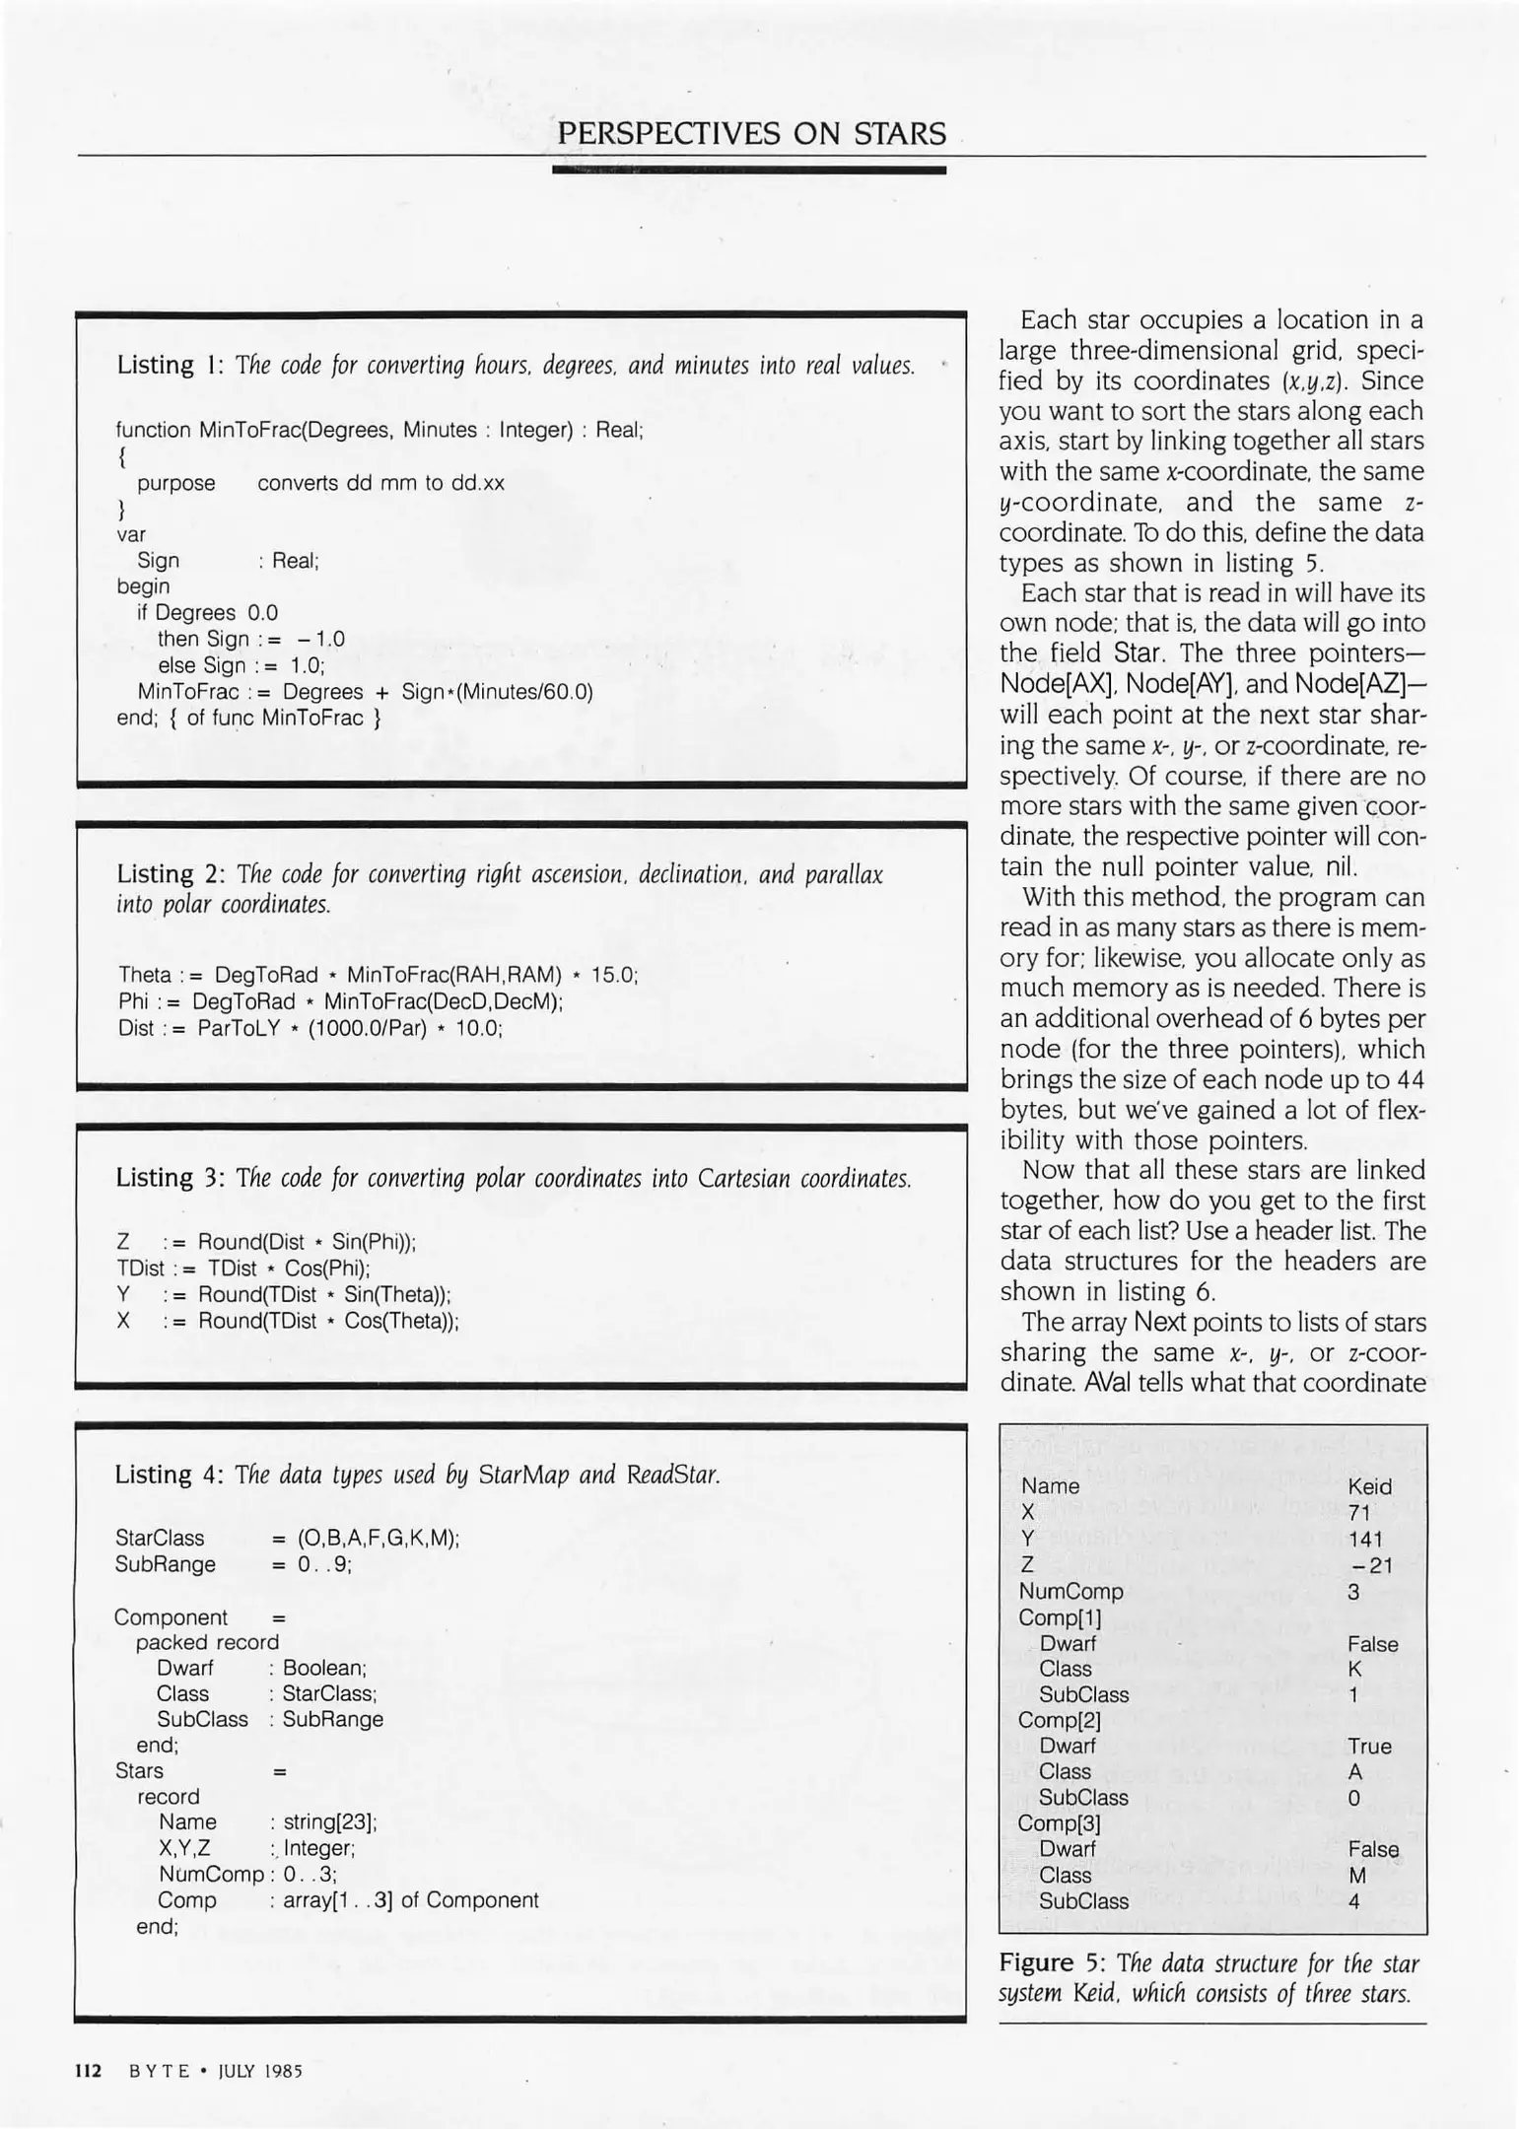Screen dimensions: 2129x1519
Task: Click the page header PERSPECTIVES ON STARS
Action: point(751,133)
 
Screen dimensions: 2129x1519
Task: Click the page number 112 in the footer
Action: point(89,2071)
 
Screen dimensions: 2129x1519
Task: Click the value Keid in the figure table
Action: point(1369,1486)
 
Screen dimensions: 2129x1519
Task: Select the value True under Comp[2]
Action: point(1369,1747)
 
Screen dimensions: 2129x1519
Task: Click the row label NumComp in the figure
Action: point(1070,1591)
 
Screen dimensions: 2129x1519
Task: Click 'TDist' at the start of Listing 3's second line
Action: point(140,1269)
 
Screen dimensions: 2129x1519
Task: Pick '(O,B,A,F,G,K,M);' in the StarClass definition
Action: point(379,1538)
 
